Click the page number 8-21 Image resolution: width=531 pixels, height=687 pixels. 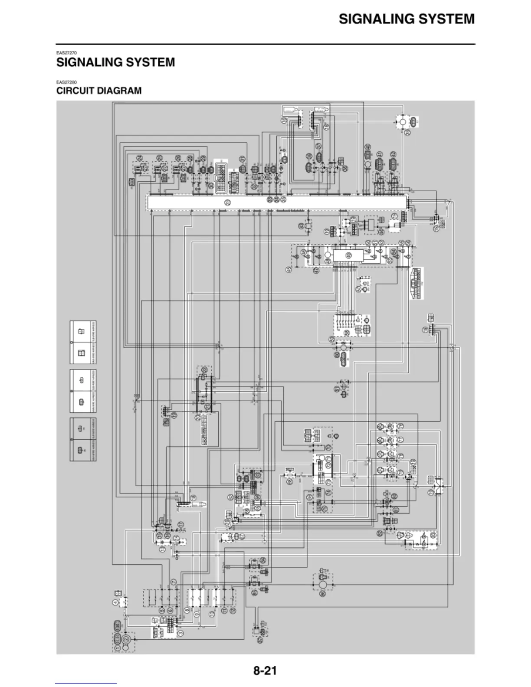(265, 671)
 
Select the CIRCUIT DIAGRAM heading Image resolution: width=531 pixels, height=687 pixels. (99, 91)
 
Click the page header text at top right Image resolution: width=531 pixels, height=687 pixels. (406, 19)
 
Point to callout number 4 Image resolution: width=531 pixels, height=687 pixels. (116, 602)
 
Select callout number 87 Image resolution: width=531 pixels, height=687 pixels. (260, 639)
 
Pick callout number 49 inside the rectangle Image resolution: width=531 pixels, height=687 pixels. (348, 255)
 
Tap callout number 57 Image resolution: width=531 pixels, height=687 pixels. (319, 146)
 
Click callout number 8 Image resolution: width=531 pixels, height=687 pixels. (187, 610)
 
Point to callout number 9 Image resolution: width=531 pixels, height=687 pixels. (196, 615)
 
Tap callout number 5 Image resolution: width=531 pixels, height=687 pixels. (162, 610)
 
